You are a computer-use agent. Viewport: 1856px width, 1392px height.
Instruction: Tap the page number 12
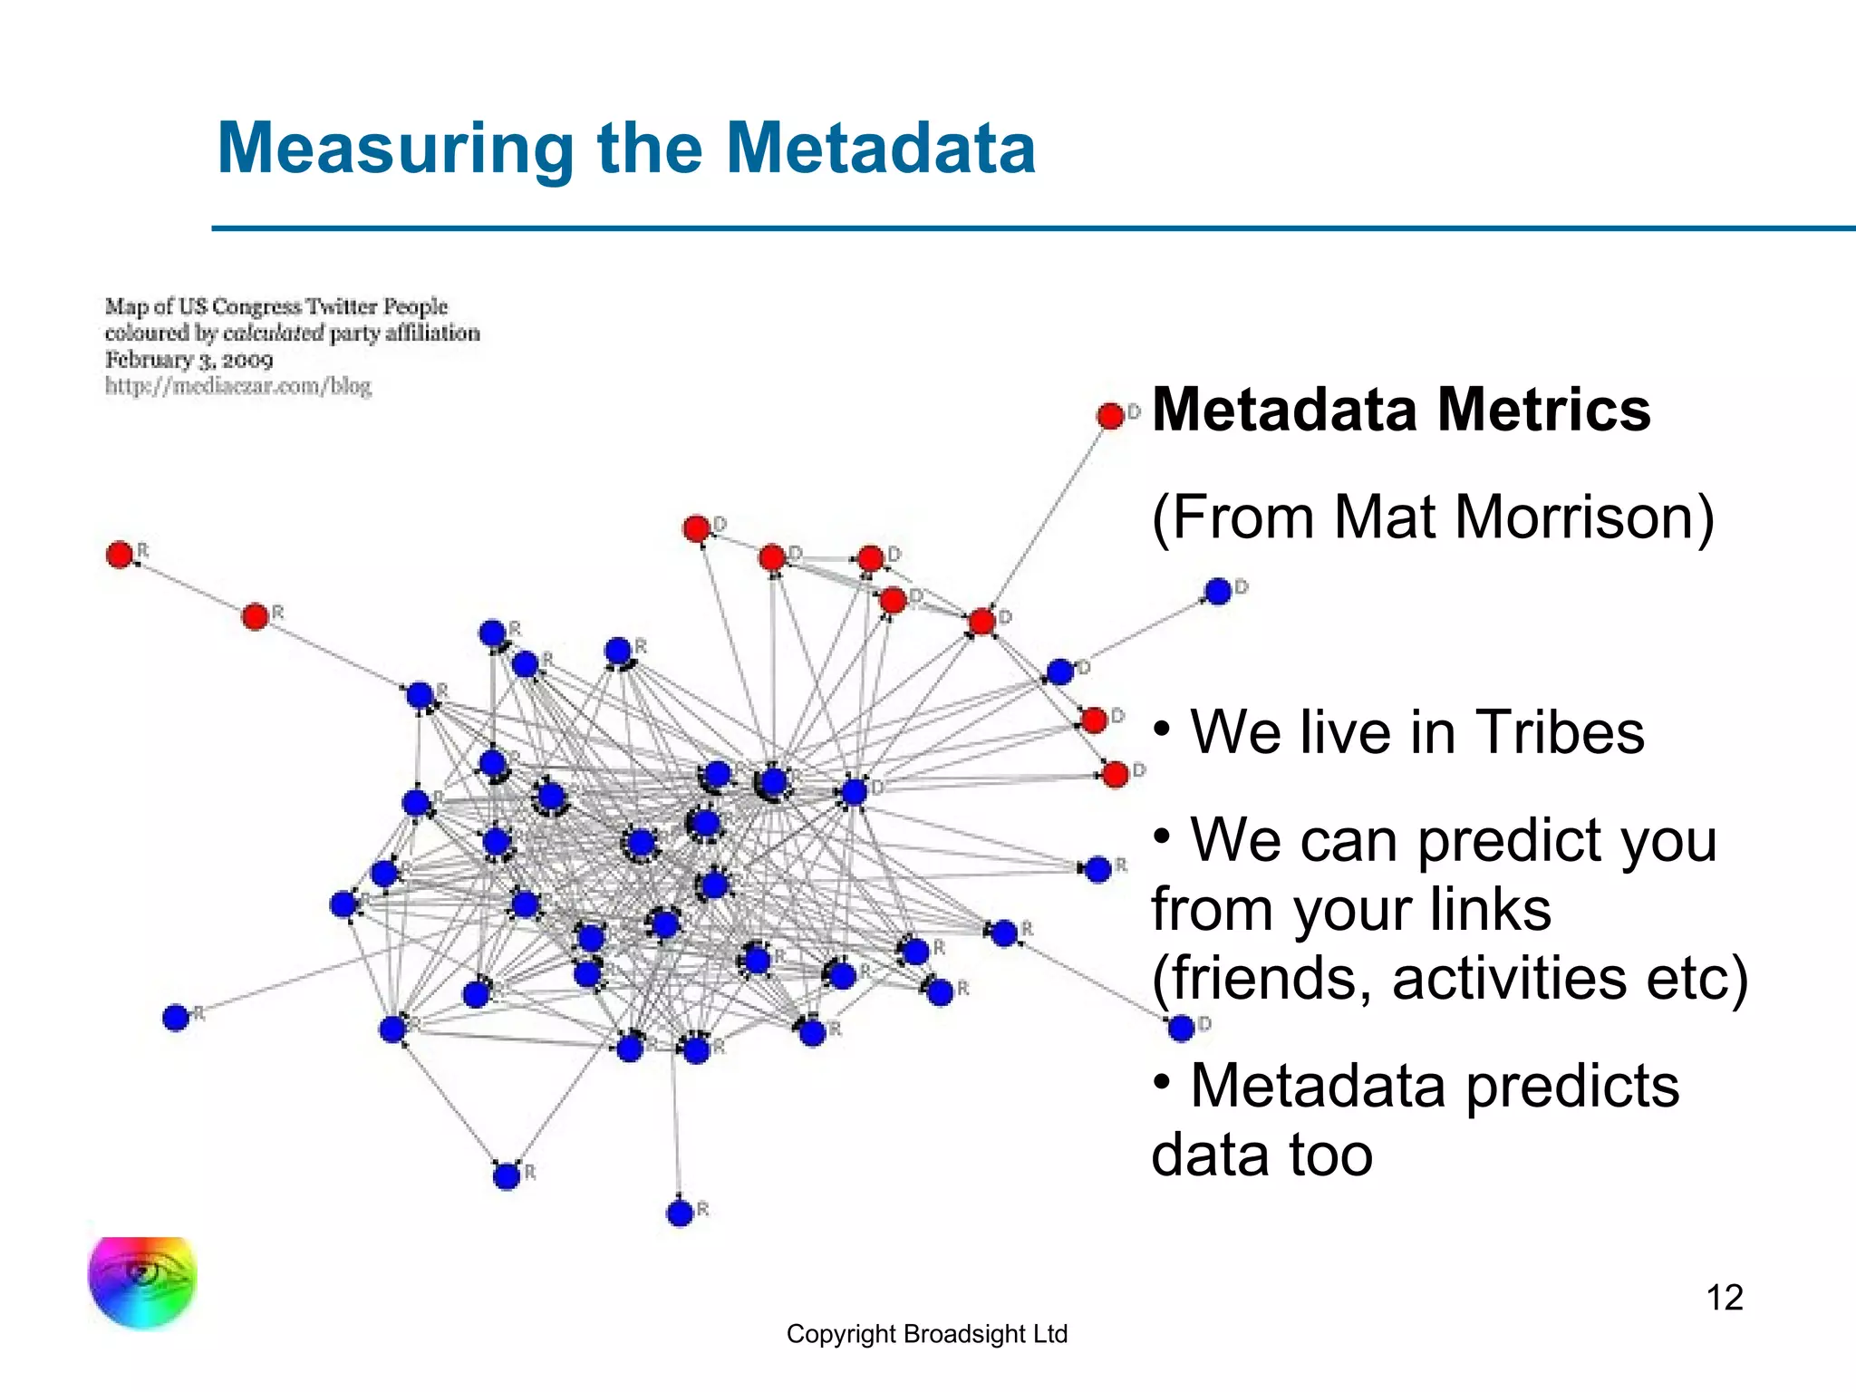point(1725,1298)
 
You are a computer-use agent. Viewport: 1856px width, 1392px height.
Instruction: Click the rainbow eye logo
point(142,1281)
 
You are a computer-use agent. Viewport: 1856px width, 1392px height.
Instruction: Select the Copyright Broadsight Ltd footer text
point(926,1334)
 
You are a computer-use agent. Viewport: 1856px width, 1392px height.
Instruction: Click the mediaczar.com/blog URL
point(238,386)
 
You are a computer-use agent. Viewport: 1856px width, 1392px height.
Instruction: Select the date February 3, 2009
point(188,360)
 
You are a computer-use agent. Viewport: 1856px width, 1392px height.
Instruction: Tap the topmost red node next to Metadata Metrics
point(1110,416)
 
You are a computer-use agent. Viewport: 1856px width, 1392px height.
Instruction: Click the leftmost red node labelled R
point(120,555)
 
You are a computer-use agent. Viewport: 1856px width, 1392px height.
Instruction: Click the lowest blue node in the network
point(680,1213)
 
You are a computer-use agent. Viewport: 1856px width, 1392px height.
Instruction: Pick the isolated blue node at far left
point(176,1018)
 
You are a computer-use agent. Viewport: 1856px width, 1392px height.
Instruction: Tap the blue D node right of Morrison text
point(1218,592)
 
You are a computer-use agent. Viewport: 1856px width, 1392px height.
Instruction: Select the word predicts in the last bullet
point(1572,1085)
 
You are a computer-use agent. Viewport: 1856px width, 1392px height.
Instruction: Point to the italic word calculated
point(273,333)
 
